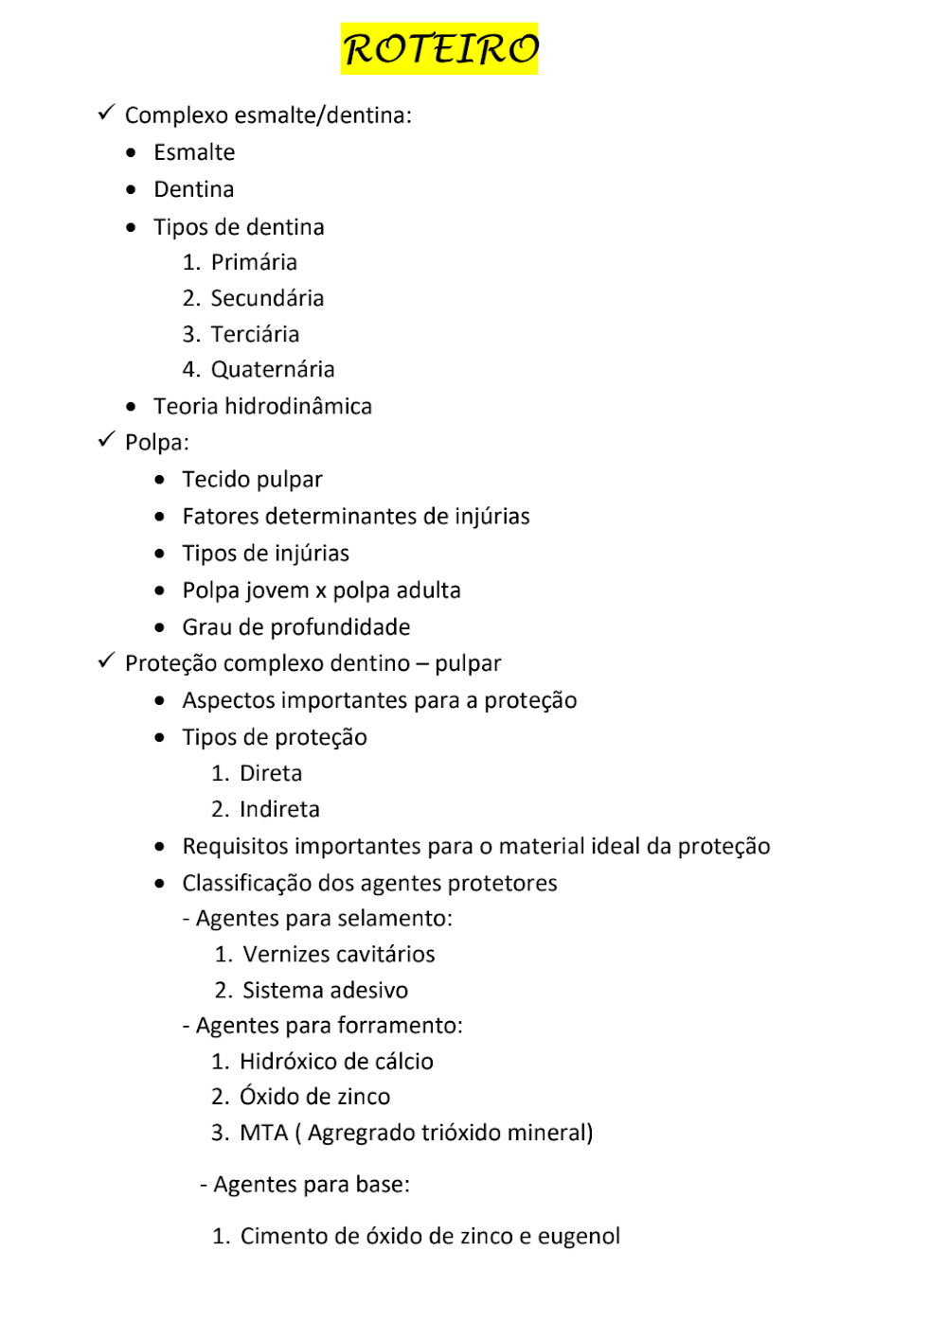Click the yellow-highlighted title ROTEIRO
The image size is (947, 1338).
click(x=439, y=49)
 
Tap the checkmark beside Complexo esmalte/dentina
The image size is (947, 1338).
click(x=106, y=114)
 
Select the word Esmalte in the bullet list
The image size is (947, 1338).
click(x=194, y=152)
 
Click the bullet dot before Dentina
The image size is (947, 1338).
click(x=131, y=189)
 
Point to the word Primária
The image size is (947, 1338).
click(x=254, y=262)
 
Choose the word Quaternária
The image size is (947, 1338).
click(x=273, y=369)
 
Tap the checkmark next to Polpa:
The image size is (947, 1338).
click(x=106, y=441)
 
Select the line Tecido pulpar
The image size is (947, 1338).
click(x=252, y=480)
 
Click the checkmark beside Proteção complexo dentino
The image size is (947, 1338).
click(x=106, y=661)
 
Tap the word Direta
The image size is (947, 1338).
click(x=271, y=773)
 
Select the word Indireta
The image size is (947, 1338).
click(x=279, y=809)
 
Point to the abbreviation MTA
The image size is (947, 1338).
click(x=263, y=1133)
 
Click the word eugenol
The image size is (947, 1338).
click(x=579, y=1236)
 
